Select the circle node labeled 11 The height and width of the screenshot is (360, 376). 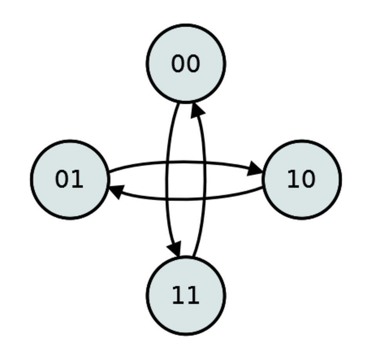point(186,296)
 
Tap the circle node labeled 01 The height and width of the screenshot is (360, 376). point(70,180)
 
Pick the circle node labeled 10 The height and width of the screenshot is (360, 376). point(302,180)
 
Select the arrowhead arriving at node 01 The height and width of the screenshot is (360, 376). point(117,191)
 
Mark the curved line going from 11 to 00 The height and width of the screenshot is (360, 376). point(204,180)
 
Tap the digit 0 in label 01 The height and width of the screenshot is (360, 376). point(61,179)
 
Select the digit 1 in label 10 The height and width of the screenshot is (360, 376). point(294,179)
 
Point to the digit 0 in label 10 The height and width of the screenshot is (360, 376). point(309,179)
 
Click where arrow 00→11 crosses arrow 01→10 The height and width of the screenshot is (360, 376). point(167,163)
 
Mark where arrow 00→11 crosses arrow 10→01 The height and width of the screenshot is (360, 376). point(167,199)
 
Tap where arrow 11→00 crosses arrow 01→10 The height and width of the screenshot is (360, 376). point(204,163)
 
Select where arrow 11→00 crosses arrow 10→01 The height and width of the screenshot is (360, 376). point(204,198)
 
